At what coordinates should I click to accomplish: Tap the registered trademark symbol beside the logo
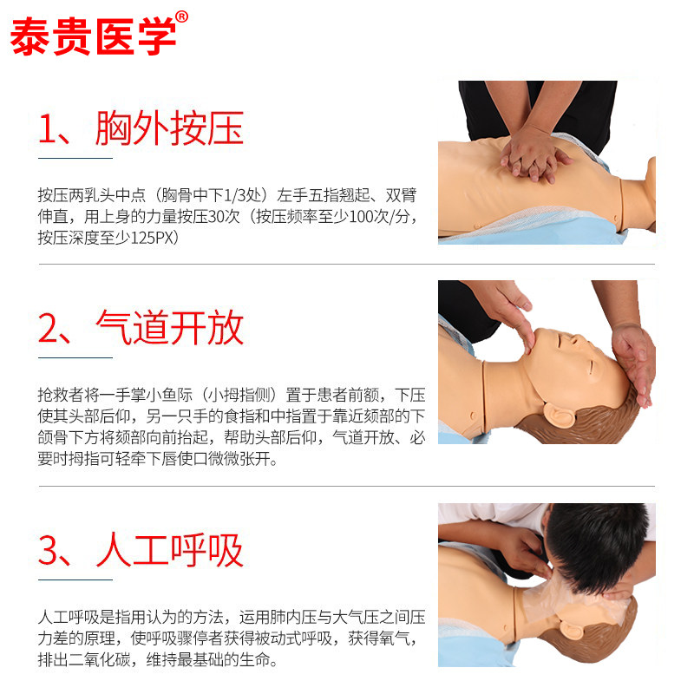[181, 16]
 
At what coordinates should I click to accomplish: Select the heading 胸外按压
[169, 128]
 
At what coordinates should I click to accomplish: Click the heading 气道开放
[169, 328]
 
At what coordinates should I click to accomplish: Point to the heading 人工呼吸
[169, 550]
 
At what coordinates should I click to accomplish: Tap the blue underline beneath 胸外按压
[75, 159]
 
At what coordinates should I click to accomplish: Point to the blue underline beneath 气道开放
[75, 357]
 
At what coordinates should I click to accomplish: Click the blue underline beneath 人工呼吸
[75, 579]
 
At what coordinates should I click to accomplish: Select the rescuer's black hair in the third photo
[599, 542]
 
